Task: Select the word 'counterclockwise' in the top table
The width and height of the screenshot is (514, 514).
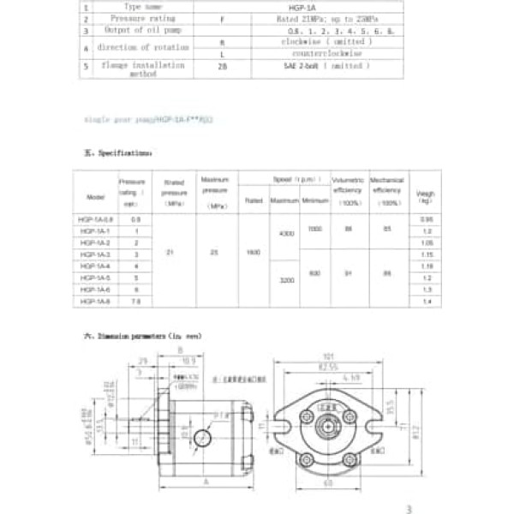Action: (x=326, y=53)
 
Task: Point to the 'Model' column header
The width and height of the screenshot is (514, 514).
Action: (x=96, y=195)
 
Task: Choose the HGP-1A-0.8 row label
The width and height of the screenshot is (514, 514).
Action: (x=96, y=219)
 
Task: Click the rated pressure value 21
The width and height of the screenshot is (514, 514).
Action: (x=174, y=254)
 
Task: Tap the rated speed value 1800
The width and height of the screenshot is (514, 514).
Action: (x=253, y=254)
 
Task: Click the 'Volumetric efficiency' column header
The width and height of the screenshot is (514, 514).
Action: (x=349, y=191)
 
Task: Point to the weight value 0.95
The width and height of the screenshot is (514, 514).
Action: (x=426, y=219)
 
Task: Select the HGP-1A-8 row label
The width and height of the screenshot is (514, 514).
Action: (x=96, y=302)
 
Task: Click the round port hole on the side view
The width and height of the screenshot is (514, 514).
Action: (x=202, y=439)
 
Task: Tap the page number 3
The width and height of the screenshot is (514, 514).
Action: (x=409, y=509)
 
